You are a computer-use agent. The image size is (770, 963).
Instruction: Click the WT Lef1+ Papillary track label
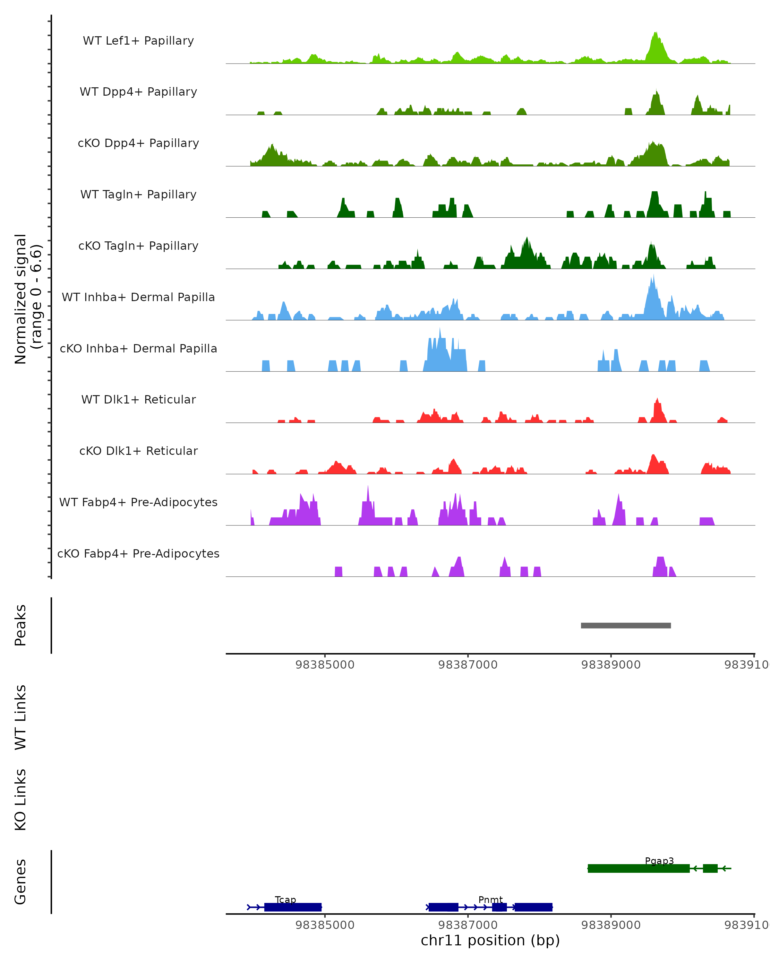click(138, 41)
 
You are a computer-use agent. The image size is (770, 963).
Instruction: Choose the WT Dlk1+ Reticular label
click(138, 399)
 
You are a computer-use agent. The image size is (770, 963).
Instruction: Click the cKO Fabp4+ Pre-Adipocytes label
click(138, 553)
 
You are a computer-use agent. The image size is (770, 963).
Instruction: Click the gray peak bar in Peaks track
click(625, 625)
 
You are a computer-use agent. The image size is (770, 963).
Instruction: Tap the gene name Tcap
click(285, 899)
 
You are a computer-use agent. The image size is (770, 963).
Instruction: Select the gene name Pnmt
click(490, 899)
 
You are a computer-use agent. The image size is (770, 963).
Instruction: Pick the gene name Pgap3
click(659, 861)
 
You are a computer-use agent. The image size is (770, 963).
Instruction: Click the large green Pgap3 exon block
click(638, 868)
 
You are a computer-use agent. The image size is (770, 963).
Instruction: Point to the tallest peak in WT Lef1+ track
click(655, 33)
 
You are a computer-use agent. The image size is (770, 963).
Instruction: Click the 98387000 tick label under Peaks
click(467, 665)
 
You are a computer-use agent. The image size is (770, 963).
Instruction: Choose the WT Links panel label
click(21, 717)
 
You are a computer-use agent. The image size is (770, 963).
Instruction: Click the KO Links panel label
click(21, 800)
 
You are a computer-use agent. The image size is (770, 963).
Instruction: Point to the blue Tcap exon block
click(293, 907)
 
